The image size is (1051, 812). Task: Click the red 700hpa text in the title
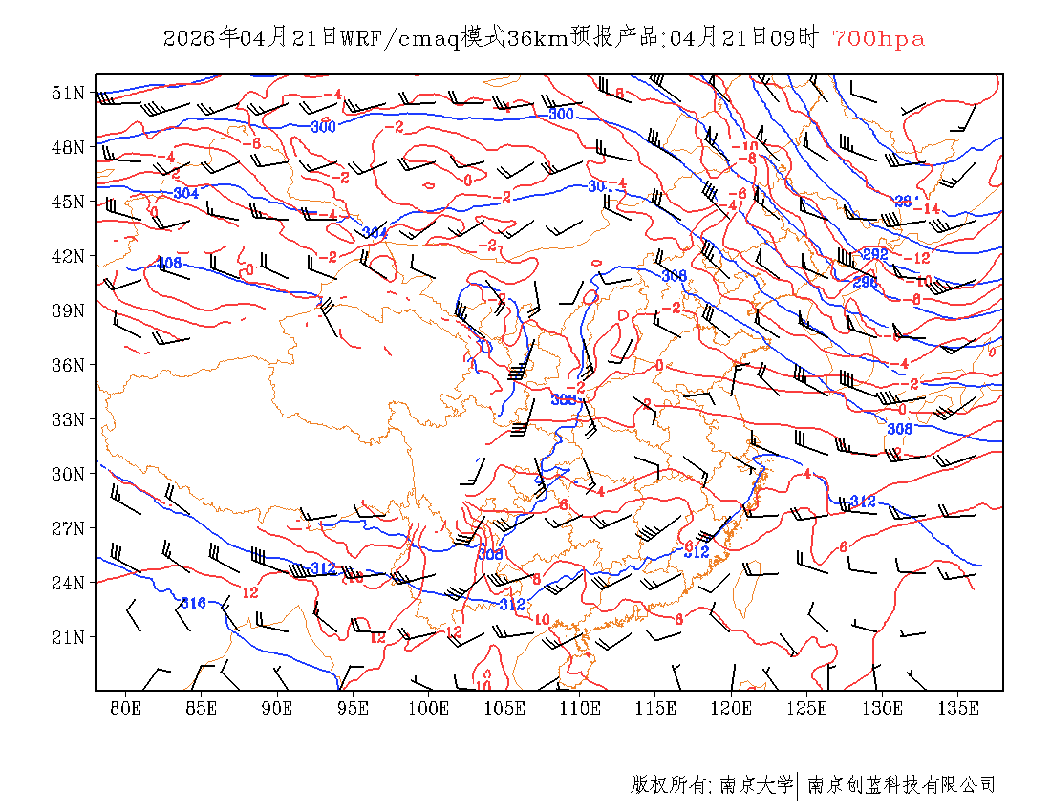coord(878,38)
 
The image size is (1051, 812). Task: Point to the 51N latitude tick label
coord(68,93)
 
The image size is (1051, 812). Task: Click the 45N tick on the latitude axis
coord(68,202)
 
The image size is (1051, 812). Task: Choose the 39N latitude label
coord(68,310)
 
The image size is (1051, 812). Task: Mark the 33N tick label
coord(68,419)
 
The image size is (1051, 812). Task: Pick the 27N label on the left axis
coord(68,528)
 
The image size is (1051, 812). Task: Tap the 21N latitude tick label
coord(68,637)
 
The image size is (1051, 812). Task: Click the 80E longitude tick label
coord(125,708)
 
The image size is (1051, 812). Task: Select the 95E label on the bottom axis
coord(353,708)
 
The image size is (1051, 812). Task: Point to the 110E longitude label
coord(580,708)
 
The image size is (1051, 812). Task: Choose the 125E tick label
coord(807,708)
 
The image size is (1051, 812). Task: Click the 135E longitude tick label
coord(958,708)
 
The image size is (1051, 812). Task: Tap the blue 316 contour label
coord(194,603)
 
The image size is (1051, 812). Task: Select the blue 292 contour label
coord(875,254)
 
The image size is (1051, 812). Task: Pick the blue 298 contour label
coord(865,282)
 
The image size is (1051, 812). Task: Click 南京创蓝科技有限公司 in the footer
coord(901,785)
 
